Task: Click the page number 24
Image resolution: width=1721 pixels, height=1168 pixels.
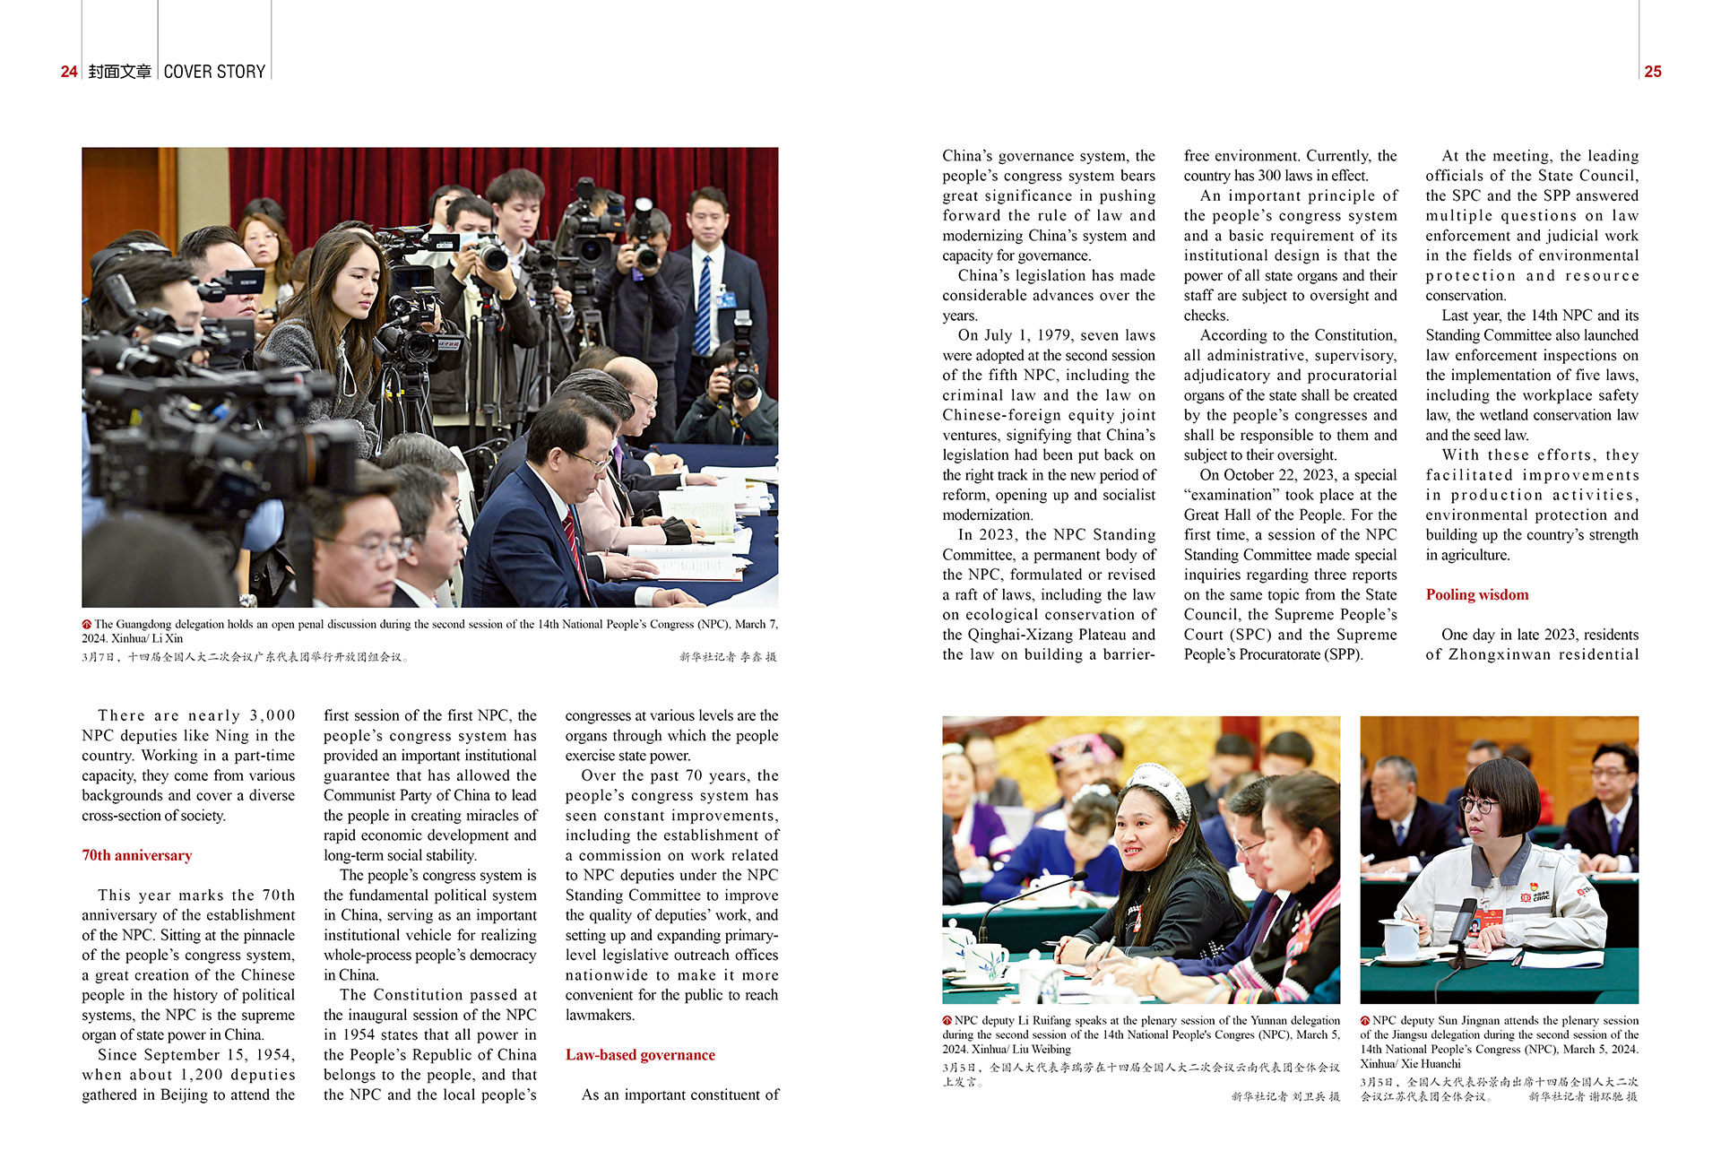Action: pyautogui.click(x=69, y=72)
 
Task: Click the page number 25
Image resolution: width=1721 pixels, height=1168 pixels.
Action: pyautogui.click(x=1653, y=72)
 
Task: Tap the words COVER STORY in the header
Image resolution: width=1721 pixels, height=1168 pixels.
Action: pyautogui.click(x=214, y=72)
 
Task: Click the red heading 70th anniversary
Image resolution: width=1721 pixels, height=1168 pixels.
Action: pyautogui.click(x=136, y=855)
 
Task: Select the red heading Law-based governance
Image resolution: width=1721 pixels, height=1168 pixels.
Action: pyautogui.click(x=640, y=1055)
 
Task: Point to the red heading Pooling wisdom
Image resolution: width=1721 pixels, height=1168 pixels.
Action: pyautogui.click(x=1476, y=594)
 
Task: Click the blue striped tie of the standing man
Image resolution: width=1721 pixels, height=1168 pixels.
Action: pyautogui.click(x=704, y=305)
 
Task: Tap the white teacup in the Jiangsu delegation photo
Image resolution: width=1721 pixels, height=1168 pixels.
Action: pyautogui.click(x=1399, y=938)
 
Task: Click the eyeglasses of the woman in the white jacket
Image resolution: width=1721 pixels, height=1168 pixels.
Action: pyautogui.click(x=1479, y=804)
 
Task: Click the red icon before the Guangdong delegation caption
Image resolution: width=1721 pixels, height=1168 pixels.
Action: pyautogui.click(x=87, y=624)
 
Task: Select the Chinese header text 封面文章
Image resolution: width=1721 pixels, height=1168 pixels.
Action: pyautogui.click(x=120, y=72)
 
